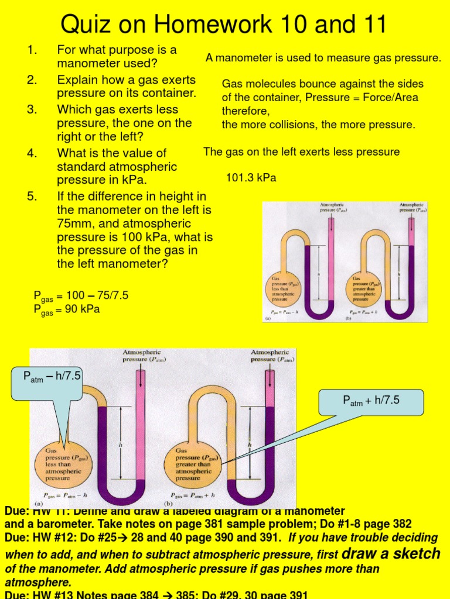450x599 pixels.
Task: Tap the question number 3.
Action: [32, 109]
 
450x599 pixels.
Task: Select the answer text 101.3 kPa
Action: [251, 178]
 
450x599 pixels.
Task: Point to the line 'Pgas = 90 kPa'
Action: [66, 309]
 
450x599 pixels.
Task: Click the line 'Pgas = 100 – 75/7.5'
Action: [80, 296]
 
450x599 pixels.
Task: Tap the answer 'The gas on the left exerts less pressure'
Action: [301, 152]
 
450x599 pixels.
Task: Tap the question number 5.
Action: [32, 197]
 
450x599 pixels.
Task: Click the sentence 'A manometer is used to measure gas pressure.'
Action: [323, 58]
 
